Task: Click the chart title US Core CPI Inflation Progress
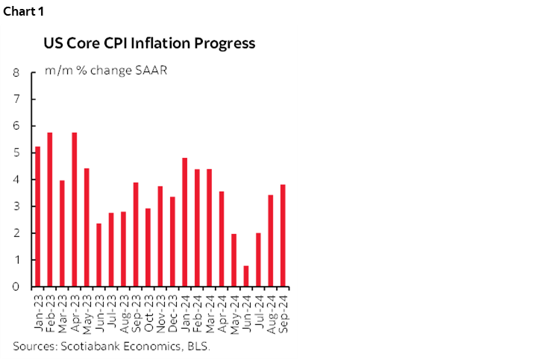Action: pyautogui.click(x=149, y=43)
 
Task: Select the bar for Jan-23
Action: pyautogui.click(x=37, y=217)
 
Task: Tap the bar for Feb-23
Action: pyautogui.click(x=50, y=209)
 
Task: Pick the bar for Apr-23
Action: pyautogui.click(x=75, y=209)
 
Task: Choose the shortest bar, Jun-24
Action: pyautogui.click(x=246, y=277)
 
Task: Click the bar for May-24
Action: pyautogui.click(x=233, y=260)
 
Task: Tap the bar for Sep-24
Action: pyautogui.click(x=283, y=236)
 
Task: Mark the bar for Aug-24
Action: pyautogui.click(x=270, y=241)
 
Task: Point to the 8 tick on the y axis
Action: pyautogui.click(x=16, y=73)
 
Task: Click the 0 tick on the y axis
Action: pyautogui.click(x=16, y=287)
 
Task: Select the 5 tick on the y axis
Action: pyautogui.click(x=16, y=153)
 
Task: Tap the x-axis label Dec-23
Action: pyautogui.click(x=173, y=311)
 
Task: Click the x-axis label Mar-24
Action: pyautogui.click(x=210, y=311)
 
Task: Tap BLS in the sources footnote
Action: pyautogui.click(x=198, y=347)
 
